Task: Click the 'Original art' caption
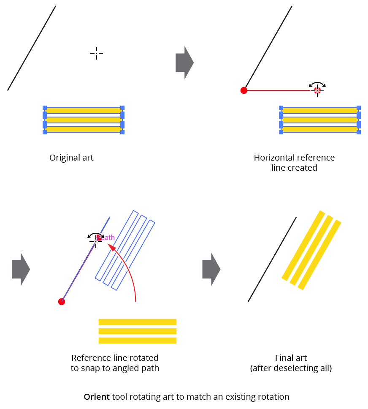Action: [x=71, y=158]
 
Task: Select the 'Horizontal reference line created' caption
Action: [x=294, y=163]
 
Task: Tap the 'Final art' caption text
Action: [x=291, y=357]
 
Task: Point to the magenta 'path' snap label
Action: [x=108, y=237]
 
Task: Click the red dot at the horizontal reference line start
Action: [x=244, y=90]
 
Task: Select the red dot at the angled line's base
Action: [x=62, y=301]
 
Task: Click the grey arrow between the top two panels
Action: [x=184, y=63]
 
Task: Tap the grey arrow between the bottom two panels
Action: [x=211, y=269]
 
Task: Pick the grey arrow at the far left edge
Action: [x=21, y=269]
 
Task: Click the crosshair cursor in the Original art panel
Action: [x=97, y=53]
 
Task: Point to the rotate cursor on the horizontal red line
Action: [x=317, y=89]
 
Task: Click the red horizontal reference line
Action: [x=279, y=90]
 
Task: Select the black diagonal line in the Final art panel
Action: [x=272, y=259]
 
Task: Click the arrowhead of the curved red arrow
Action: [x=112, y=246]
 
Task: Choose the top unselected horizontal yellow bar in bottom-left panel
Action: [x=137, y=322]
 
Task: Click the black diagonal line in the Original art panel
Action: [x=32, y=48]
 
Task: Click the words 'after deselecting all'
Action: [x=291, y=368]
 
